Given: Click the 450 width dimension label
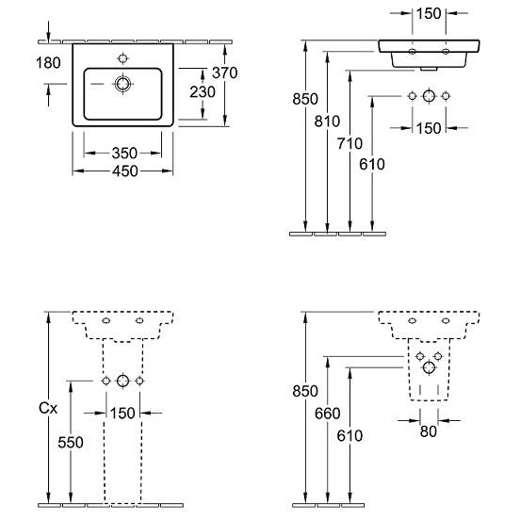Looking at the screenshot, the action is pos(125,171).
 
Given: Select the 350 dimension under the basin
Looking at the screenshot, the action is pos(124,154).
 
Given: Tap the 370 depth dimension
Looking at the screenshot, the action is pos(225,73).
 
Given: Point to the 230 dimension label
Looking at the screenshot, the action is pos(203,92).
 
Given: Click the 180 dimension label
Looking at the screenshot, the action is pos(48,63).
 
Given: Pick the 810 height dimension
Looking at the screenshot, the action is pos(327,122).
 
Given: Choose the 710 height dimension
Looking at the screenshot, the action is pos(349,144).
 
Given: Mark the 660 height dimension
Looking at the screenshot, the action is pos(327,414).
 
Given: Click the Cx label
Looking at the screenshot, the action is pos(48,408).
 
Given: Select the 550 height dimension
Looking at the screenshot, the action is pos(71,443).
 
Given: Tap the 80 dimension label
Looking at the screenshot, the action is pos(428,431).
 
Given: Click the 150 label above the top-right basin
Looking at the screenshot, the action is pos(429,14).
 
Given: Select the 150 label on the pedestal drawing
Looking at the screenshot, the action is pos(122,414).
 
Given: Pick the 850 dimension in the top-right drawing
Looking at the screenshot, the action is pos(305,99).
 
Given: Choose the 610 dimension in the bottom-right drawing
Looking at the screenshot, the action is pos(349,436).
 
